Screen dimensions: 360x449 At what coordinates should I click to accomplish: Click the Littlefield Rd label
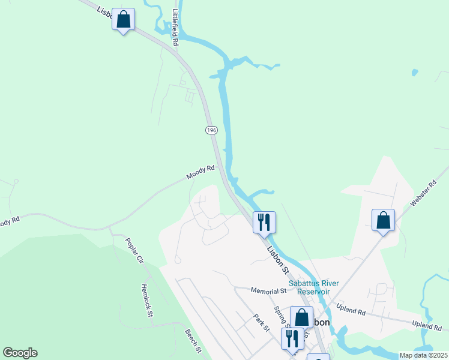click(x=175, y=28)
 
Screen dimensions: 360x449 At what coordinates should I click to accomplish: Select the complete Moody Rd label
click(x=200, y=173)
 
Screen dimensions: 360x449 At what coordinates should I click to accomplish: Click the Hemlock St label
click(x=148, y=300)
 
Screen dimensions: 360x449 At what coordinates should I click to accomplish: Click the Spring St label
click(x=280, y=318)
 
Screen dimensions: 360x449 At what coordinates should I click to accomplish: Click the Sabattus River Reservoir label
click(x=314, y=287)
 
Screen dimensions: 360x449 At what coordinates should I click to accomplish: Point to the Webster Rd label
click(x=423, y=194)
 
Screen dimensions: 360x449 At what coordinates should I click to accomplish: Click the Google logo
click(x=20, y=353)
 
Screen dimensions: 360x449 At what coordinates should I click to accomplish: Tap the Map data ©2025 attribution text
click(x=423, y=355)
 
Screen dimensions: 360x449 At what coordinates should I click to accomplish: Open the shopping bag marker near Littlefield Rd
click(x=123, y=20)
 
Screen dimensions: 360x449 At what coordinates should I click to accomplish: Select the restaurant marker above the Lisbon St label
click(x=264, y=223)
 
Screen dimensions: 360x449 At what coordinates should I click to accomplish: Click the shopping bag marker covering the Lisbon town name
click(x=301, y=317)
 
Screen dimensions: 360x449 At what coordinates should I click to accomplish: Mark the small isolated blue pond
click(x=414, y=73)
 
